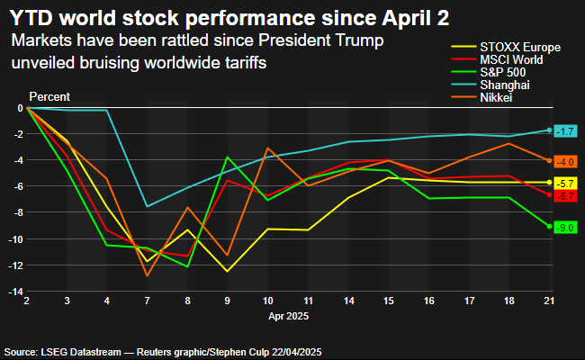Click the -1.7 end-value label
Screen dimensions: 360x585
click(x=564, y=131)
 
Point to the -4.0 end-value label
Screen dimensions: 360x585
click(x=564, y=162)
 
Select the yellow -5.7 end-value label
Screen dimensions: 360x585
click(x=564, y=184)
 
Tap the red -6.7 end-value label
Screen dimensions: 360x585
click(x=564, y=196)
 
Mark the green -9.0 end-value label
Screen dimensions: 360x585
click(x=564, y=228)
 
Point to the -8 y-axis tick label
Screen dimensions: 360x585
click(x=16, y=213)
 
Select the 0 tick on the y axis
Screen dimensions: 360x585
click(x=19, y=108)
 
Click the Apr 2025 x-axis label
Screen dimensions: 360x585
click(x=288, y=317)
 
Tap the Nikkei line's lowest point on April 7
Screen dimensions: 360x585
click(x=147, y=275)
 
